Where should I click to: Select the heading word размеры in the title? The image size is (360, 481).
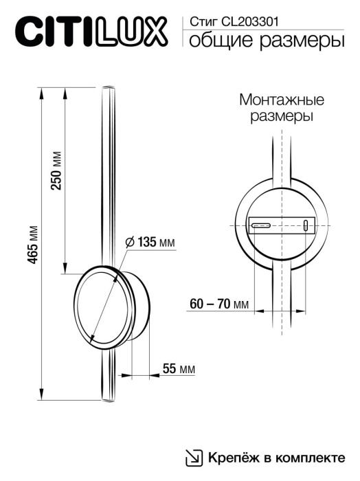(298, 43)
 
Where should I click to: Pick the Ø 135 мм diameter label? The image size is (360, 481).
(150, 242)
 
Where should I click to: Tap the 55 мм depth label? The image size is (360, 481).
(178, 369)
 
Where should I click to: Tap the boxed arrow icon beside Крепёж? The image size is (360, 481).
(195, 457)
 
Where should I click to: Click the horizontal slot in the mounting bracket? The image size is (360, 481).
(260, 225)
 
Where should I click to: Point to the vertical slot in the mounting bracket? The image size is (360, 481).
(304, 225)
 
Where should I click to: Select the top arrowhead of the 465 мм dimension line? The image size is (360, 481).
(43, 90)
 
